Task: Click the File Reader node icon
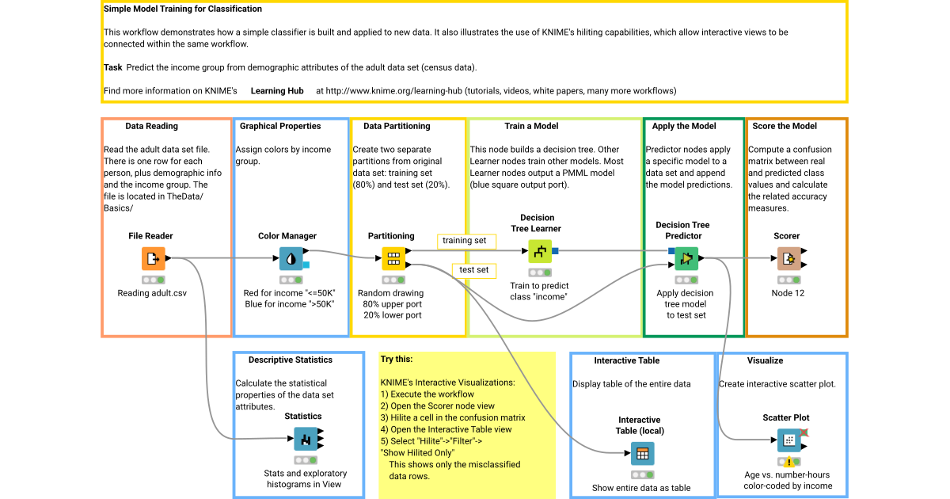[154, 258]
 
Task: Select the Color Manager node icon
[291, 258]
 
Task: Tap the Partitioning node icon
[393, 258]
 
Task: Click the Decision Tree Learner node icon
[539, 251]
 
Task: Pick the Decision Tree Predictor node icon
[686, 258]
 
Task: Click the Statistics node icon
[306, 439]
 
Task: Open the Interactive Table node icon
[642, 455]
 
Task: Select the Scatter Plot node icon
[788, 440]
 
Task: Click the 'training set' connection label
[465, 240]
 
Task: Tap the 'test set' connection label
[473, 270]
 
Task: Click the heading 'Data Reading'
[151, 126]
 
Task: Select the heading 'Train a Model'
[531, 126]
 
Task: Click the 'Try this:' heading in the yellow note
[397, 359]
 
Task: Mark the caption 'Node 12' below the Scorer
[787, 293]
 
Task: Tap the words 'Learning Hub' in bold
[277, 91]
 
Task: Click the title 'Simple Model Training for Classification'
[183, 10]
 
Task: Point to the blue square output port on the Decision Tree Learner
[556, 251]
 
